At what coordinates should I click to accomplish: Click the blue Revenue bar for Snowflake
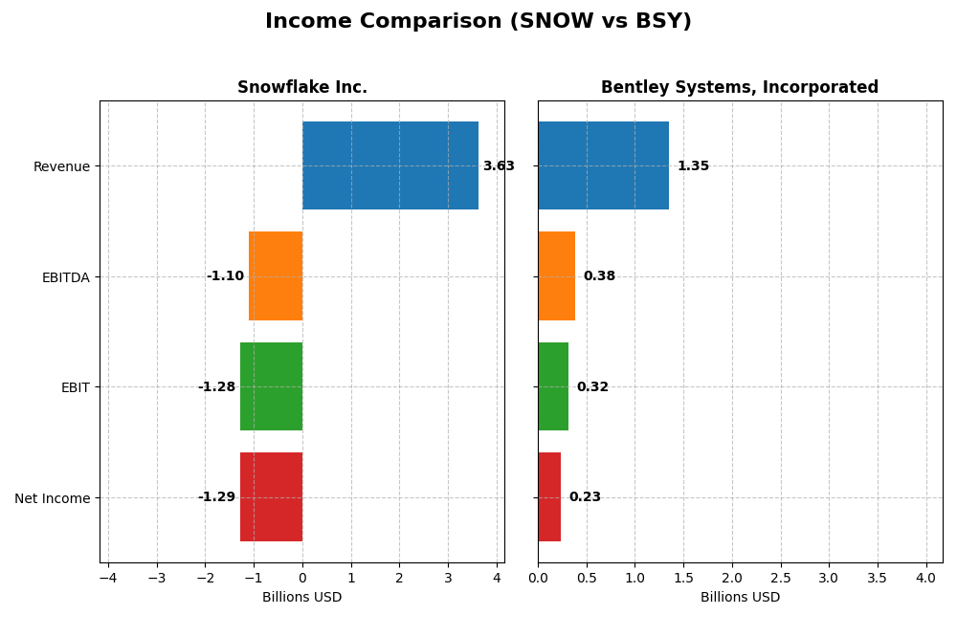[x=390, y=165]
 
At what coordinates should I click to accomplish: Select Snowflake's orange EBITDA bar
[x=276, y=275]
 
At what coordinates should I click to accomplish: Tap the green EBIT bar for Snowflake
[x=271, y=386]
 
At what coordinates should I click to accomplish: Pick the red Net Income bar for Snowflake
[x=271, y=496]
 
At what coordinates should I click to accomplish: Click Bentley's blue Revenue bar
[x=603, y=165]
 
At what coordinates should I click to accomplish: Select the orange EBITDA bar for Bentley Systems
[x=556, y=275]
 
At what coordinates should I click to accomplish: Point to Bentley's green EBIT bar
[x=553, y=386]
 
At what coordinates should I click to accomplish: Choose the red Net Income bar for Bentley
[x=549, y=496]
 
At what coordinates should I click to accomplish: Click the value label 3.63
[x=499, y=166]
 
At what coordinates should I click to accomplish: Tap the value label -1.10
[x=225, y=276]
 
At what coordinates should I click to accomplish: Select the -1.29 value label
[x=216, y=497]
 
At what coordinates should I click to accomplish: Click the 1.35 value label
[x=693, y=166]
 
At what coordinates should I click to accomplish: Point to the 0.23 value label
[x=585, y=497]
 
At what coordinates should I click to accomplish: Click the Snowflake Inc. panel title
[x=302, y=88]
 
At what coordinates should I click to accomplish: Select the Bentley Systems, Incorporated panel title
[x=740, y=88]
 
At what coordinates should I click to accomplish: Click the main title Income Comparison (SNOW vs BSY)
[x=478, y=22]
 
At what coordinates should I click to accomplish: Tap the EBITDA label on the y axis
[x=65, y=277]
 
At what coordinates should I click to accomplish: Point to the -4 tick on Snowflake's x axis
[x=108, y=579]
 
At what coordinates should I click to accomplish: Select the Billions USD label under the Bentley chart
[x=740, y=598]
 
